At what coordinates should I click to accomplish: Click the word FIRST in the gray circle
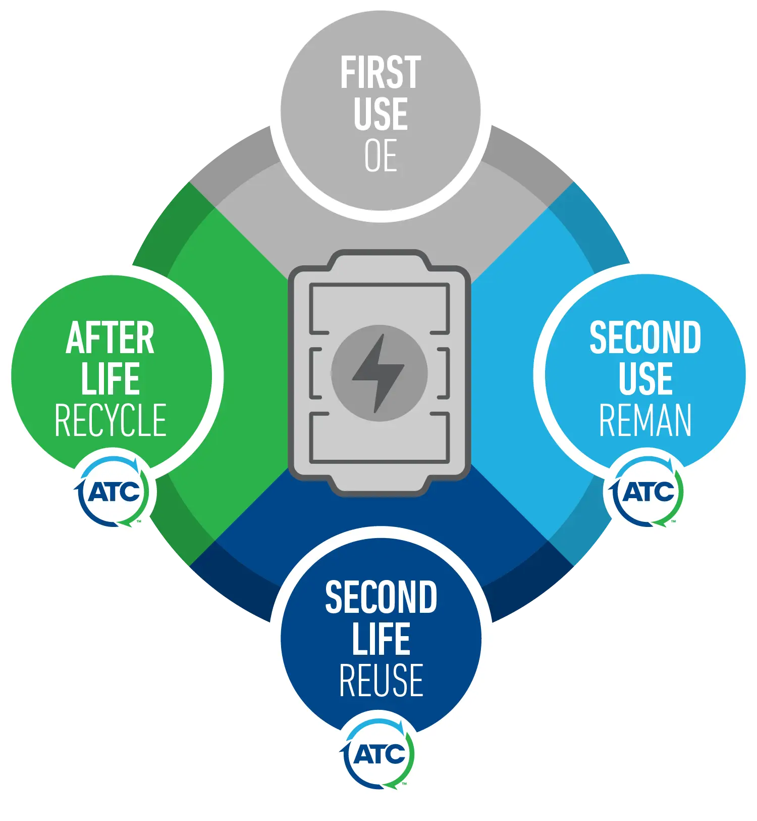click(381, 73)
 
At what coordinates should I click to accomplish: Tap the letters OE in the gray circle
click(381, 156)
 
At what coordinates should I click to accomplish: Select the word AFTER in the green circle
click(110, 337)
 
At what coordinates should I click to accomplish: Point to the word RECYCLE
click(111, 420)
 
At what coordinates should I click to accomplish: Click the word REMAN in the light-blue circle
click(645, 420)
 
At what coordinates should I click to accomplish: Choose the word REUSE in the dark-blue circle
click(381, 681)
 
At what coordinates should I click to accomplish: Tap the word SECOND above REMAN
click(645, 337)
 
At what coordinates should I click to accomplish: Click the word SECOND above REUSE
click(381, 598)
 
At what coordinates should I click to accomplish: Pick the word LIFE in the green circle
click(110, 378)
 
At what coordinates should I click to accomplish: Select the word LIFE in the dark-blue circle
click(381, 639)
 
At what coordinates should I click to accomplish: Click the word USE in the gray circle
click(381, 114)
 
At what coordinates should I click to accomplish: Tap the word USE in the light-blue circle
click(645, 378)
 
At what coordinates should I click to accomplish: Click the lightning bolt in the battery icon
click(379, 373)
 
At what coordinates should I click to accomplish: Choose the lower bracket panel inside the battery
click(380, 438)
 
